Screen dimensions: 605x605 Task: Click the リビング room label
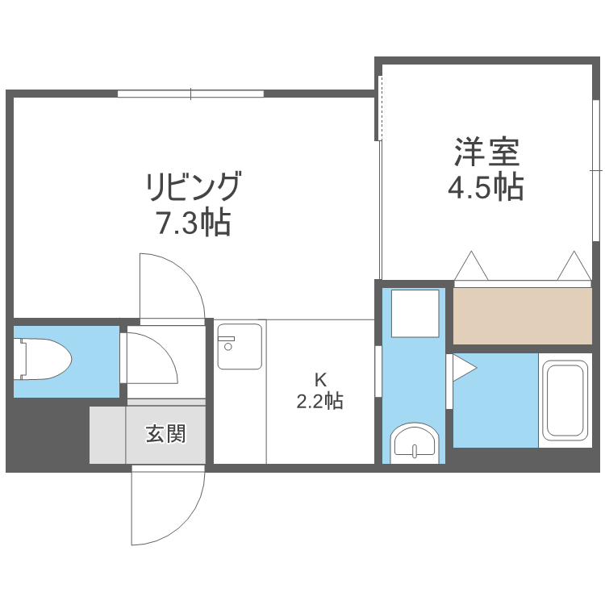pyautogui.click(x=193, y=187)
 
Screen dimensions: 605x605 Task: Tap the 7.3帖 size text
pyautogui.click(x=193, y=222)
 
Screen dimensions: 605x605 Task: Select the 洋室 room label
pyautogui.click(x=486, y=151)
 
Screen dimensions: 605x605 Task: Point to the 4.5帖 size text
pyautogui.click(x=486, y=187)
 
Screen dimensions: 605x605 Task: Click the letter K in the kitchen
pyautogui.click(x=319, y=378)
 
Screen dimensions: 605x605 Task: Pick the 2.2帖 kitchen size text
pyautogui.click(x=319, y=401)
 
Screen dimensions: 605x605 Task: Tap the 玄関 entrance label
pyautogui.click(x=166, y=434)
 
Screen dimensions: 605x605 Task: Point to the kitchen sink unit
pyautogui.click(x=240, y=346)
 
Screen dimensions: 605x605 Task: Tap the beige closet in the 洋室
pyautogui.click(x=523, y=315)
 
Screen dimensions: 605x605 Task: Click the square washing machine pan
pyautogui.click(x=415, y=314)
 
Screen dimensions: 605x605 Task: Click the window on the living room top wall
pyautogui.click(x=191, y=94)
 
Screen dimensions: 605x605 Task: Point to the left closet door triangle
pyautogui.click(x=471, y=265)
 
